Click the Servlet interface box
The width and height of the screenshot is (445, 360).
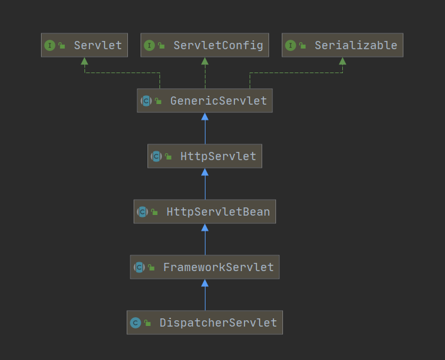84,45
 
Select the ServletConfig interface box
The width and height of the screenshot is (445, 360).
205,45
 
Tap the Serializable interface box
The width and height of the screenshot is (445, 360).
342,45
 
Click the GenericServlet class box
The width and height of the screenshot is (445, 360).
205,100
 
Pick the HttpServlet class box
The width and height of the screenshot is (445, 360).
205,156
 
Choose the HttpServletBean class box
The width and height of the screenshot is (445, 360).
205,211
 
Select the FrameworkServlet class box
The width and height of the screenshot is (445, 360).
205,267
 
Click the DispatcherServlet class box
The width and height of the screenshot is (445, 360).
205,323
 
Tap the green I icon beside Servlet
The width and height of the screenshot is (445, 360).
50,45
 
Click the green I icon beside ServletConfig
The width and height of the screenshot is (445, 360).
149,45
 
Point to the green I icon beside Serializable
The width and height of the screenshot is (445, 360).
291,45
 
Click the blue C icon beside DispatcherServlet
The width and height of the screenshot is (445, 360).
136,323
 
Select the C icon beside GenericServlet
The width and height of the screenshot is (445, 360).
146,101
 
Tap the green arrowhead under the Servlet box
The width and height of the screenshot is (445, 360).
84,61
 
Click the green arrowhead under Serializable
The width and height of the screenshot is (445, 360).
342,61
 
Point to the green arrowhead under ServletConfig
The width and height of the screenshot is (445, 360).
205,61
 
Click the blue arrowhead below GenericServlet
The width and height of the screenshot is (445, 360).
205,117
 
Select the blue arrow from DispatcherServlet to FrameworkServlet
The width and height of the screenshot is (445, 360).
205,294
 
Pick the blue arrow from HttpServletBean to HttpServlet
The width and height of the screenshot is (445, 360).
205,184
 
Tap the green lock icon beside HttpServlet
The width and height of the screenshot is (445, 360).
168,156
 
